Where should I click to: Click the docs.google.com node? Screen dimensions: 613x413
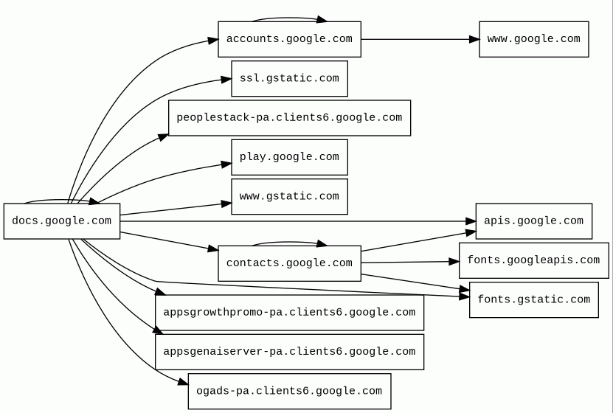point(62,221)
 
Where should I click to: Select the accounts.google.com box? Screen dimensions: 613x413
point(289,39)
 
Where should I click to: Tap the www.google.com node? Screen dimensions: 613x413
point(533,39)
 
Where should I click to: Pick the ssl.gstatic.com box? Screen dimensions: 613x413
point(289,78)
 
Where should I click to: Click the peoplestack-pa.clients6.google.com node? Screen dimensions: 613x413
point(289,118)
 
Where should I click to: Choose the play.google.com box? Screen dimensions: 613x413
point(289,157)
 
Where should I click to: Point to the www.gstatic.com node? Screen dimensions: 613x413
point(289,196)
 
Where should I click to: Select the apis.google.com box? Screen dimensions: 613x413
point(533,221)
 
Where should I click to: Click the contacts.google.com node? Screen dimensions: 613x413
point(289,263)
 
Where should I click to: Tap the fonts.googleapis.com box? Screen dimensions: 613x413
point(533,260)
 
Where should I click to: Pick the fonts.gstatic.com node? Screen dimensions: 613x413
point(533,299)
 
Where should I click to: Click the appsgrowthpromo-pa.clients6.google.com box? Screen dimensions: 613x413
point(289,313)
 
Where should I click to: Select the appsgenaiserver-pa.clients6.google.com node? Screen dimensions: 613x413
point(289,352)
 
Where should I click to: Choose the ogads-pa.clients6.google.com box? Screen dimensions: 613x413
point(289,391)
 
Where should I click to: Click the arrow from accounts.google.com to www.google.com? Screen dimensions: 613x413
point(420,39)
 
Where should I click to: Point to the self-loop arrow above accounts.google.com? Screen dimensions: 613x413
point(289,18)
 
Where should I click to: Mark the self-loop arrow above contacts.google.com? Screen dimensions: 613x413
point(289,242)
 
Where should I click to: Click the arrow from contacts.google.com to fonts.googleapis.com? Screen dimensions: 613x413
point(410,262)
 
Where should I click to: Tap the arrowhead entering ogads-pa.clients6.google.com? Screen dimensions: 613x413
point(183,382)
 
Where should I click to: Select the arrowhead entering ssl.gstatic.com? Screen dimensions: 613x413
point(226,80)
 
